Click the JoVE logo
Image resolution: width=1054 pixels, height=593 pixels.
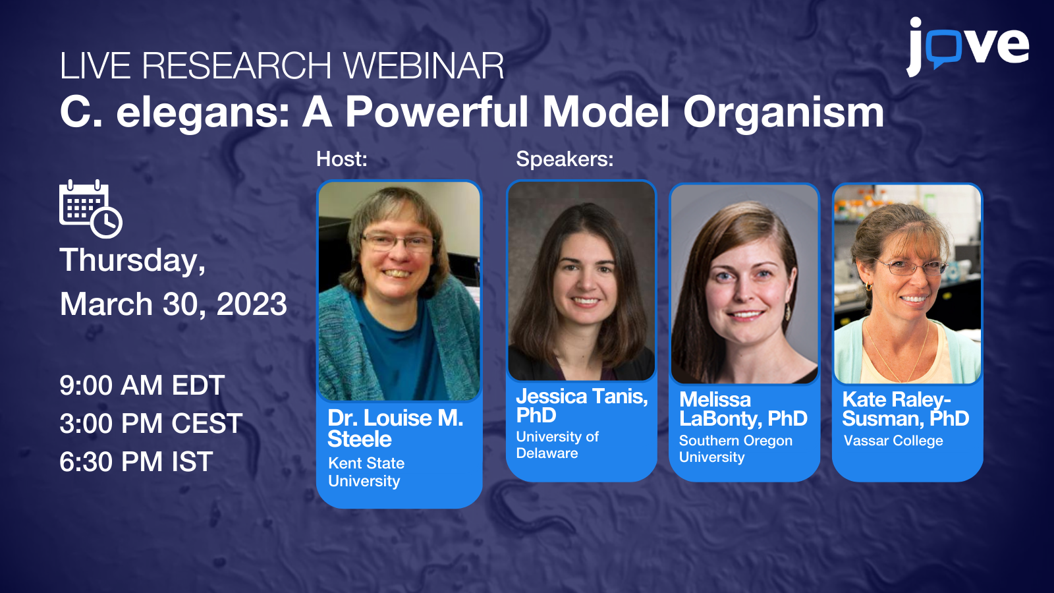[967, 46]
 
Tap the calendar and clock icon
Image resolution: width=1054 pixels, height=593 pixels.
[91, 209]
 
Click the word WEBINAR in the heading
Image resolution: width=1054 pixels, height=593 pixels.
[424, 66]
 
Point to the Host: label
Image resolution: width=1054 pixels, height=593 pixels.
[341, 159]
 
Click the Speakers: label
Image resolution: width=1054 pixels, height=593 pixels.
[565, 159]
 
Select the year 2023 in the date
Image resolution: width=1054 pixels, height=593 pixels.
[252, 304]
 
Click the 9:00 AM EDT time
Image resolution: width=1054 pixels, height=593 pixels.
[142, 385]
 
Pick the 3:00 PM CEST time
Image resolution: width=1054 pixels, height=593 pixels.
[151, 424]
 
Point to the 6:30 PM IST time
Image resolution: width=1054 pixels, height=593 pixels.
[136, 462]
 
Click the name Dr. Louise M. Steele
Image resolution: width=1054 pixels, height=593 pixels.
[395, 428]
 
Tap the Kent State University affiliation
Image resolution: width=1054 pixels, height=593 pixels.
[366, 472]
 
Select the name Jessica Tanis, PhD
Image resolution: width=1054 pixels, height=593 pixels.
[581, 405]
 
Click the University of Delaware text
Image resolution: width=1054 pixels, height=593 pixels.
[557, 445]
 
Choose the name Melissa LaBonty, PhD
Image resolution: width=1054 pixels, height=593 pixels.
[743, 409]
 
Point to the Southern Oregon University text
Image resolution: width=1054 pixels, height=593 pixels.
[735, 449]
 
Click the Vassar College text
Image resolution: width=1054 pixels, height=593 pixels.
[893, 441]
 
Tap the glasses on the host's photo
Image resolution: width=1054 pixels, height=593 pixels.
[397, 242]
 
